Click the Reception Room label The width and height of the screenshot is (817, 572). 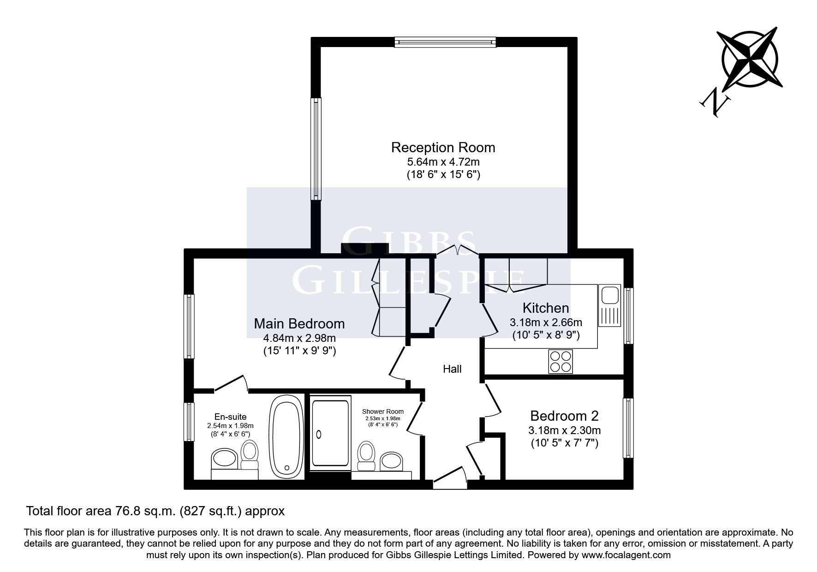(443, 148)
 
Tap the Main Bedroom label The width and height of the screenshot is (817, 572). (299, 323)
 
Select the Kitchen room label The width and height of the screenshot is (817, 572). (546, 308)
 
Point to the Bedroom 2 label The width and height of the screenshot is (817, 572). (564, 416)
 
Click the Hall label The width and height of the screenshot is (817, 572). (452, 369)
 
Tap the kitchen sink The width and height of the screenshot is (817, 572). (610, 305)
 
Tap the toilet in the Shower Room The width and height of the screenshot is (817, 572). (367, 456)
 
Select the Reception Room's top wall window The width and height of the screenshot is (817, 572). (446, 42)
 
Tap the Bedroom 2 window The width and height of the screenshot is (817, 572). (628, 428)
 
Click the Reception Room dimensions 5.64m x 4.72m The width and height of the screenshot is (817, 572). (443, 162)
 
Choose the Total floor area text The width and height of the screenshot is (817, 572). (155, 511)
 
